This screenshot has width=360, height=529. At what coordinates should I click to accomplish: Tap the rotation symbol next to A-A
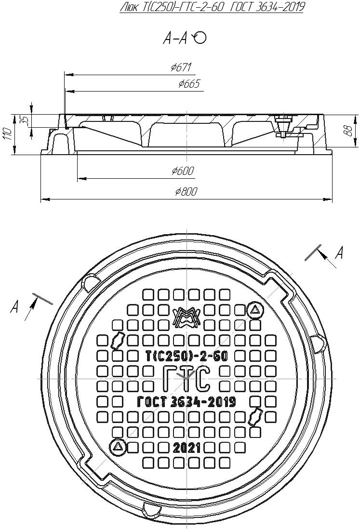click(199, 38)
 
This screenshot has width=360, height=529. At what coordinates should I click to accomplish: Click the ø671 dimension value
click(181, 68)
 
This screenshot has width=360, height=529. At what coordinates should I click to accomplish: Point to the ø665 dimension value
click(188, 84)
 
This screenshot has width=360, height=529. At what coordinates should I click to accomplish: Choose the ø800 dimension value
click(186, 191)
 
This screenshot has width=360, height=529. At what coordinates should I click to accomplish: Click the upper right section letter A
click(339, 252)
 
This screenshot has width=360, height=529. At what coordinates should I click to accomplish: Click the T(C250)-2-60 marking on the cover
click(186, 356)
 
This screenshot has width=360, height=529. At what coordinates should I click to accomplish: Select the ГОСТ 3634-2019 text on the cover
click(186, 402)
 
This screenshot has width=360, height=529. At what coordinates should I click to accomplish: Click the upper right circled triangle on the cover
click(255, 311)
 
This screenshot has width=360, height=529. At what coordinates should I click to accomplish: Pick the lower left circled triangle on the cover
click(118, 447)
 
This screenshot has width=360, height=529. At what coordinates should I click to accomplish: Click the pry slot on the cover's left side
click(117, 340)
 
